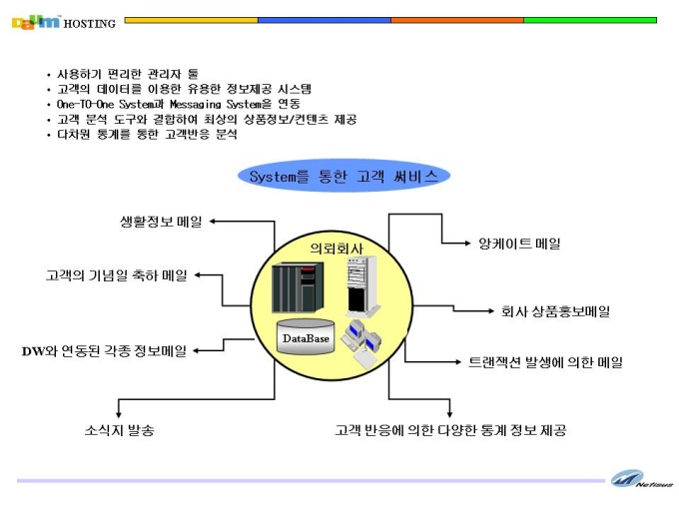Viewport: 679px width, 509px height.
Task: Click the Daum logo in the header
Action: click(36, 22)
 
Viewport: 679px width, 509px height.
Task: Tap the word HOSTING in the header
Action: click(90, 24)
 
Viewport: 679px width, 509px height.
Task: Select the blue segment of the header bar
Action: click(325, 20)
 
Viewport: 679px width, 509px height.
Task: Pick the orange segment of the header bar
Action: click(457, 20)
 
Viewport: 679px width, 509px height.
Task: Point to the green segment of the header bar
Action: click(590, 20)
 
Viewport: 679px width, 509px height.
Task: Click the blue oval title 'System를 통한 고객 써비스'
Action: click(343, 177)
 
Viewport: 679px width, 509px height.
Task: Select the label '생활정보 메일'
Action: click(161, 222)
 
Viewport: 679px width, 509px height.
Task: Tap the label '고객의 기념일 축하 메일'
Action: click(117, 275)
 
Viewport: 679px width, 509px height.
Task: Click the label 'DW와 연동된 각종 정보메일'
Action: click(105, 350)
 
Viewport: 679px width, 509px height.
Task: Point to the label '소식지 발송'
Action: click(120, 430)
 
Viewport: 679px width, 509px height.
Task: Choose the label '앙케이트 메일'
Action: click(519, 244)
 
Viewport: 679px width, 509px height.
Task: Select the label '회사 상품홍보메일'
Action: click(555, 311)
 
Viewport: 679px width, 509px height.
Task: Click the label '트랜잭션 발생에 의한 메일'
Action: click(545, 362)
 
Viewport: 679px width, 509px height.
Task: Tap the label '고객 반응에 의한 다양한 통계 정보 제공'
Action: click(450, 430)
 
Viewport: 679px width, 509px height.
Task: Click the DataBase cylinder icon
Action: click(306, 337)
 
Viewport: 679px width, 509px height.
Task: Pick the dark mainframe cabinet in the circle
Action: click(298, 287)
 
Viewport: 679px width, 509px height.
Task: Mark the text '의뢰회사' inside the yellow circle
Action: click(337, 249)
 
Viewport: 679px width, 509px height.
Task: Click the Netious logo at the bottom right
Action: click(642, 480)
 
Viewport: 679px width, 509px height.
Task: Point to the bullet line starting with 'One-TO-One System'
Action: click(179, 105)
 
